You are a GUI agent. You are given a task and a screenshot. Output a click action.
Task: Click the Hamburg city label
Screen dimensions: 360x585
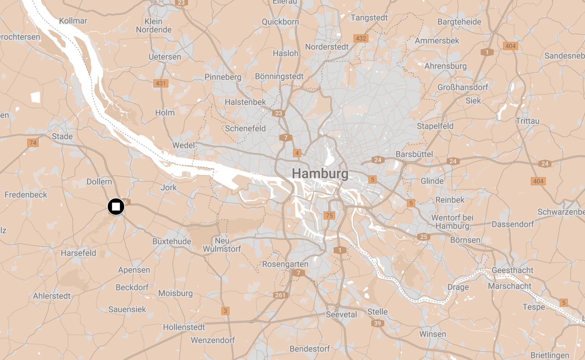[x=320, y=174]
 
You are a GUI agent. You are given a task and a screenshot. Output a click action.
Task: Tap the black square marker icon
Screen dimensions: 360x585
[x=116, y=207]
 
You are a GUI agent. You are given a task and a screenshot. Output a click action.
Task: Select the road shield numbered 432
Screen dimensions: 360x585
[x=361, y=38]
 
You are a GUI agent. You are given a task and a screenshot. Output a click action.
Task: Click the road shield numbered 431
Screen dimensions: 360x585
[x=161, y=83]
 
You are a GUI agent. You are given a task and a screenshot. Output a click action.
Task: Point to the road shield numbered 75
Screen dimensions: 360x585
[x=329, y=216]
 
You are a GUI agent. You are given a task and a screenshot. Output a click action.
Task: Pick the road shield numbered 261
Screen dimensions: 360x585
[x=280, y=295]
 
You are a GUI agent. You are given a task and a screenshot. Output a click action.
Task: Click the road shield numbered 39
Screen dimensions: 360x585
[x=377, y=323]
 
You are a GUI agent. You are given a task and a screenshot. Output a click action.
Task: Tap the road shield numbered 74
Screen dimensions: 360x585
[x=33, y=143]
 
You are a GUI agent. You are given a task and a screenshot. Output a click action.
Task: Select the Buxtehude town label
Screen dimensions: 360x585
[x=172, y=241]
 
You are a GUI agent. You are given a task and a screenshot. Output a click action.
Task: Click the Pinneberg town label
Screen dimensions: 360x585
[x=223, y=77]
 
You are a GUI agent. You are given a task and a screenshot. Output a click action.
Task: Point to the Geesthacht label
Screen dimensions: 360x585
[x=512, y=270]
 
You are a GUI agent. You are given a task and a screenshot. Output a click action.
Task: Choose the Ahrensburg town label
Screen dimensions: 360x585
[x=445, y=66]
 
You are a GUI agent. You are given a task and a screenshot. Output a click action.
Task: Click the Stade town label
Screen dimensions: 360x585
[x=62, y=136]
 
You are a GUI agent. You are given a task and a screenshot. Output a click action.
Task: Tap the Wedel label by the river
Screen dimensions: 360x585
[x=183, y=145]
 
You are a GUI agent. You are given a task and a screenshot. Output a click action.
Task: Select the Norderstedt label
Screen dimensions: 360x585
[x=327, y=47]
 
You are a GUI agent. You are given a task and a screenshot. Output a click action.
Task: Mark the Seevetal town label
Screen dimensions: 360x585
[x=341, y=314]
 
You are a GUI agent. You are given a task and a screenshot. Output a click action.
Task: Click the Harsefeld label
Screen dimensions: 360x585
[x=78, y=253]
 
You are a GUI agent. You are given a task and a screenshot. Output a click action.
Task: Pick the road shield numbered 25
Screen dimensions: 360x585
[x=423, y=237]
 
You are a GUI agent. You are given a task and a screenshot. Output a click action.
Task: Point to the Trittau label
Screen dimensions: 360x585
[x=527, y=121]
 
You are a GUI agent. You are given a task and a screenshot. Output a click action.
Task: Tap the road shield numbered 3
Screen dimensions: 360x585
[x=225, y=311]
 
